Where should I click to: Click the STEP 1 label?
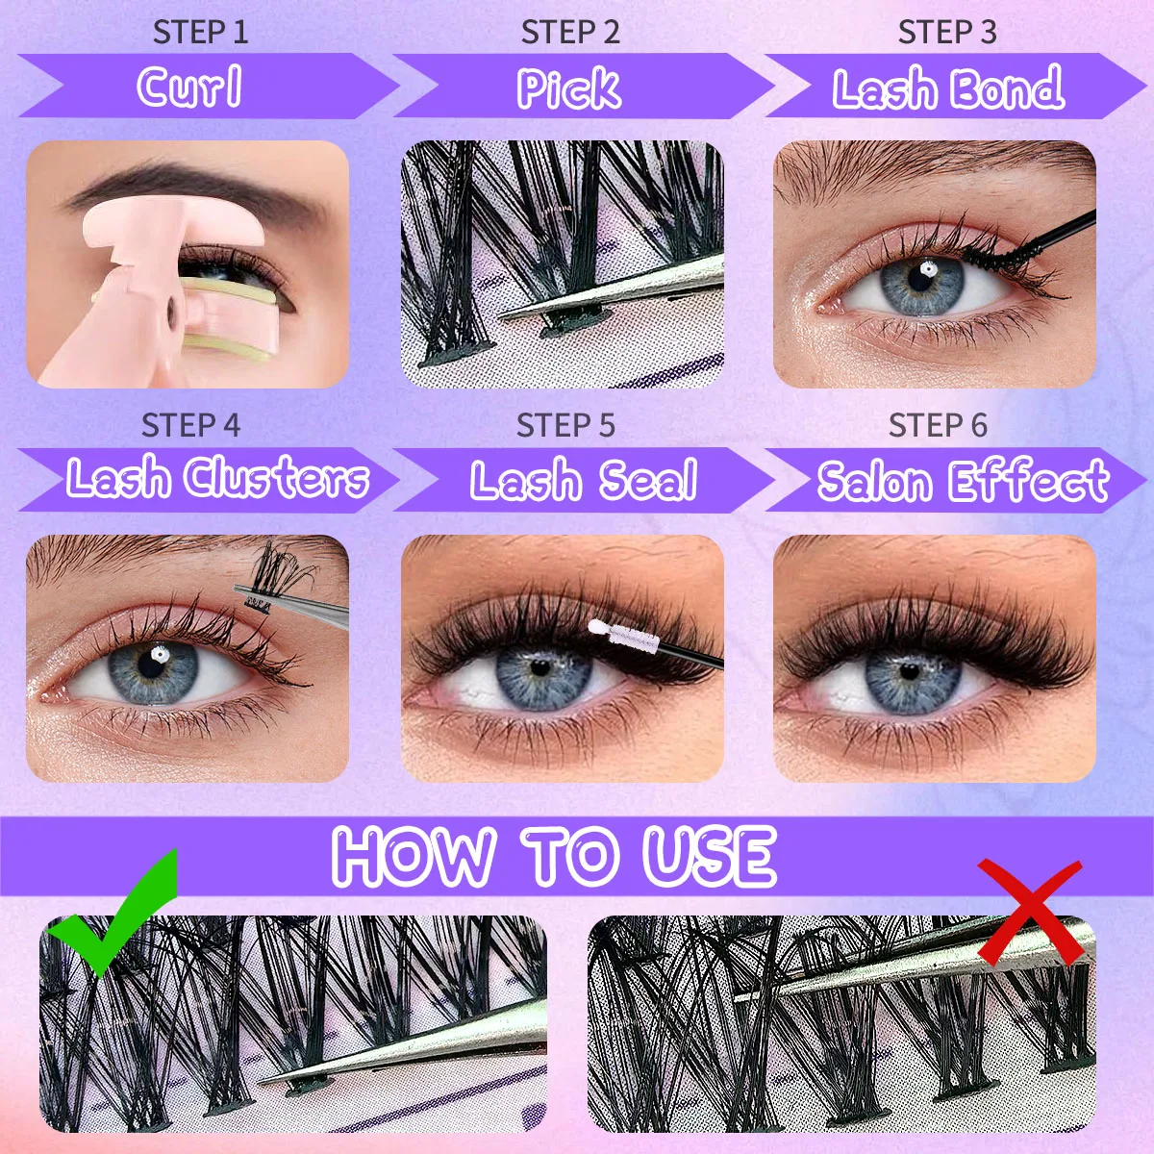click(x=200, y=32)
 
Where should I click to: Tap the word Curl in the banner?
click(x=189, y=88)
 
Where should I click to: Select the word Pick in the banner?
click(x=568, y=88)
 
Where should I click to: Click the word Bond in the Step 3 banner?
click(x=1006, y=88)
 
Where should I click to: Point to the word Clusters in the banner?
click(x=276, y=478)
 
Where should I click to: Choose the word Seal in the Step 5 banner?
click(x=648, y=480)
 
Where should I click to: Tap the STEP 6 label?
click(x=938, y=425)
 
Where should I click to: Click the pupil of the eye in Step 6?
click(x=909, y=671)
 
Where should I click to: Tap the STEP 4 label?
click(x=190, y=425)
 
